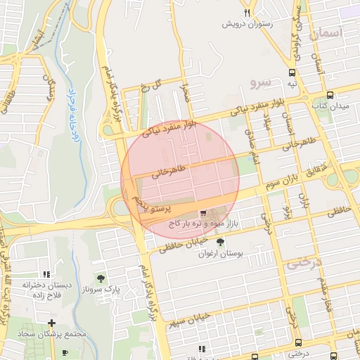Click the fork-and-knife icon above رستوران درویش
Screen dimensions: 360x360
pyautogui.click(x=247, y=13)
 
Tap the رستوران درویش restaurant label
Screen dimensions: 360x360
pyautogui.click(x=247, y=24)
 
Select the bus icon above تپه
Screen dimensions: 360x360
pyautogui.click(x=292, y=73)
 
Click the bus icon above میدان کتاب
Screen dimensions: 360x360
pyautogui.click(x=330, y=95)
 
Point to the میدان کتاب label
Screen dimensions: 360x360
pyautogui.click(x=330, y=105)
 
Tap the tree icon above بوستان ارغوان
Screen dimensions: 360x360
pyautogui.click(x=221, y=243)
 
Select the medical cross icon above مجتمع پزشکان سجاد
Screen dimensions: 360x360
pyautogui.click(x=52, y=323)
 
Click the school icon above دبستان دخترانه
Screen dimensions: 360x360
pyautogui.click(x=46, y=274)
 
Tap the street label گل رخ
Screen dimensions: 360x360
pyautogui.click(x=150, y=86)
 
